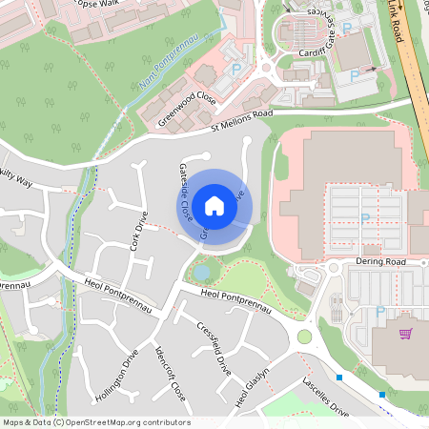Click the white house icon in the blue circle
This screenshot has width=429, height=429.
tap(214, 205)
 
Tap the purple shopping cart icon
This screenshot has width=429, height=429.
tap(406, 335)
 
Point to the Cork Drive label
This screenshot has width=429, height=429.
tap(137, 231)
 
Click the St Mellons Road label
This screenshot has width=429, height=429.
tap(242, 119)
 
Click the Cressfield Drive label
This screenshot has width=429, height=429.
tap(214, 347)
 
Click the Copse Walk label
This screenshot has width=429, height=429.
tap(101, 5)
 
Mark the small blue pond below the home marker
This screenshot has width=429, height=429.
tap(201, 273)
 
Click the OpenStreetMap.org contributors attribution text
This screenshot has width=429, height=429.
tap(124, 421)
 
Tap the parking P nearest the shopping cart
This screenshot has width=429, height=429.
tap(380, 312)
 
